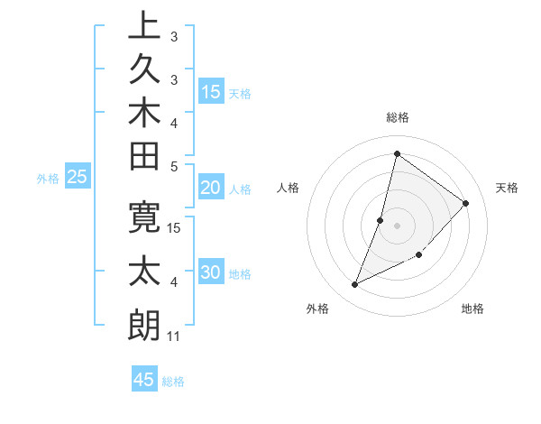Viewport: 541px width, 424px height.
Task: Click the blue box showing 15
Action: [211, 92]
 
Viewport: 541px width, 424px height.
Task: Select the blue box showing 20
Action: [211, 188]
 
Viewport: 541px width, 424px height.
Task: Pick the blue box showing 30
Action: [211, 273]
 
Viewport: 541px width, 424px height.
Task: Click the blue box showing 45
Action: [144, 380]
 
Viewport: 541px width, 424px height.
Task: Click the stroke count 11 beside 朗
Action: [174, 336]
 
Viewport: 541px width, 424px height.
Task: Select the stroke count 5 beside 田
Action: [174, 166]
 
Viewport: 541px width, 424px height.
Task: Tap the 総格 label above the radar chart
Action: [398, 117]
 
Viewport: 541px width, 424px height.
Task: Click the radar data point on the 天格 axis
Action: [465, 203]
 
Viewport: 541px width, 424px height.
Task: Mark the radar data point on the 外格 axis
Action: [355, 285]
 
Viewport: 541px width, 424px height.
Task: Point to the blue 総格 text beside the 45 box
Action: [173, 382]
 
